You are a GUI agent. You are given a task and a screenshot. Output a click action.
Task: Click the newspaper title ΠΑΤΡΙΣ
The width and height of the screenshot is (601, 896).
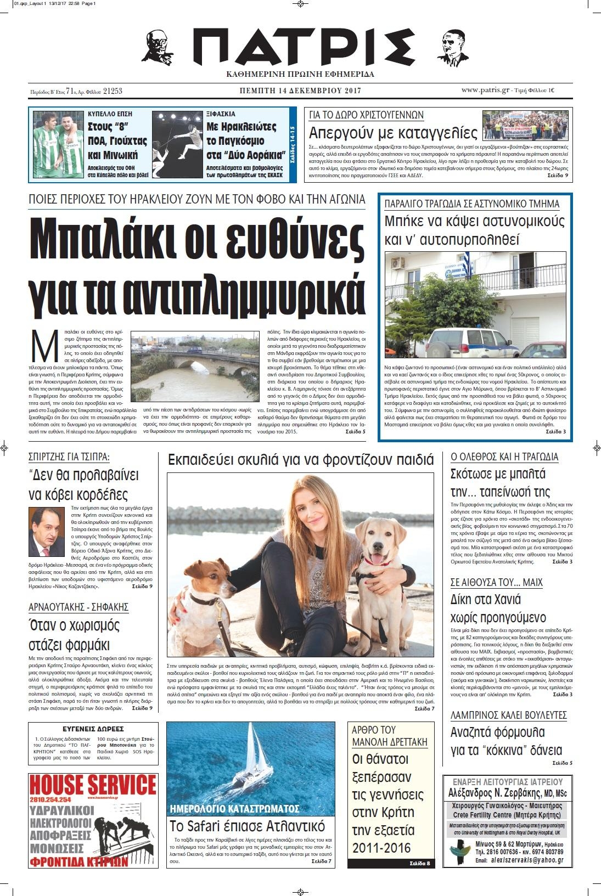[301, 48]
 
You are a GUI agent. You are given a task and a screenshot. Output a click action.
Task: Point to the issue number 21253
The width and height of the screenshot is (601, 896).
[113, 92]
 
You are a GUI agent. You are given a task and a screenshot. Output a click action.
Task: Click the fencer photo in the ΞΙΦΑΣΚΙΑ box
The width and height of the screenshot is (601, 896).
[176, 145]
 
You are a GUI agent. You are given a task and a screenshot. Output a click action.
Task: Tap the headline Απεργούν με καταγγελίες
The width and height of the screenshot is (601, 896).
[394, 133]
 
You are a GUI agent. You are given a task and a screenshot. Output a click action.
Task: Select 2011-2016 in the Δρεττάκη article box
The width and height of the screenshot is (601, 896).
[381, 848]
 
